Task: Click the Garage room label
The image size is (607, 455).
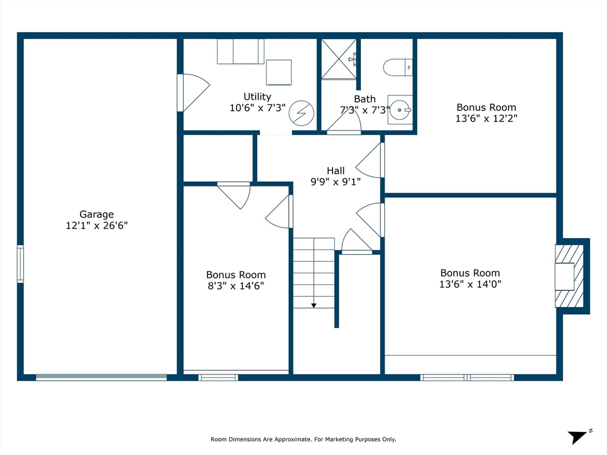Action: click(97, 214)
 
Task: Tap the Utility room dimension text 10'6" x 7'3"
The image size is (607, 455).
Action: click(257, 108)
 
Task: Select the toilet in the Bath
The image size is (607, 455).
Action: click(398, 68)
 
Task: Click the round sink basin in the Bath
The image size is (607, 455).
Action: click(400, 110)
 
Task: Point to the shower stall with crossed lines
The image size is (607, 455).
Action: click(338, 59)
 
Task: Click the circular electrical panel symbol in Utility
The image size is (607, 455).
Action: click(301, 113)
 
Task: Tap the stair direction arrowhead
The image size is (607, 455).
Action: click(314, 306)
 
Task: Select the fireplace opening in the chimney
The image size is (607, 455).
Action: click(564, 276)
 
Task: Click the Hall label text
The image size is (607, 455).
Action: click(336, 171)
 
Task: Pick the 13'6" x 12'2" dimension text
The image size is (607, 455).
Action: click(486, 118)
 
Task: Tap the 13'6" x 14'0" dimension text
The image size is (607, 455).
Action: click(470, 284)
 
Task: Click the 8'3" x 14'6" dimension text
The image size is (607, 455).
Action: click(236, 286)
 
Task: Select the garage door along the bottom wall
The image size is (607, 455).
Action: click(101, 377)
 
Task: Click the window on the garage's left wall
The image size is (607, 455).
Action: click(20, 264)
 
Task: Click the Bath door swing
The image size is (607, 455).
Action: click(344, 121)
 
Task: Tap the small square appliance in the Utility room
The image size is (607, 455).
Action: click(279, 72)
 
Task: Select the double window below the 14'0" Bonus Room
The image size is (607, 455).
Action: click(467, 377)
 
